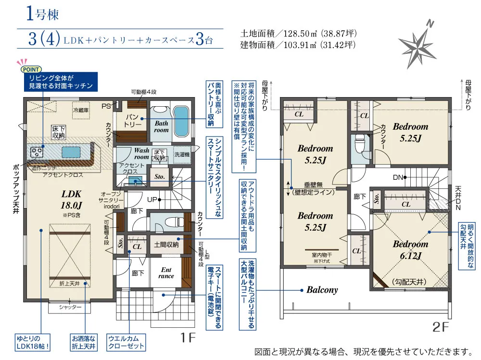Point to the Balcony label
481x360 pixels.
[x=322, y=290]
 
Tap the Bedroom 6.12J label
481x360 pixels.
[x=403, y=249]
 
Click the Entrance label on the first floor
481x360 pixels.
[x=165, y=273]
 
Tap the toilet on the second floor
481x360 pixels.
[x=358, y=143]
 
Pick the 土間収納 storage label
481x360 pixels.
[x=166, y=245]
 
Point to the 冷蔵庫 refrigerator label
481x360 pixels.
[x=81, y=110]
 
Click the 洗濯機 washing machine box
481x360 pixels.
[x=181, y=155]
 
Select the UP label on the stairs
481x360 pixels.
[x=152, y=199]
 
